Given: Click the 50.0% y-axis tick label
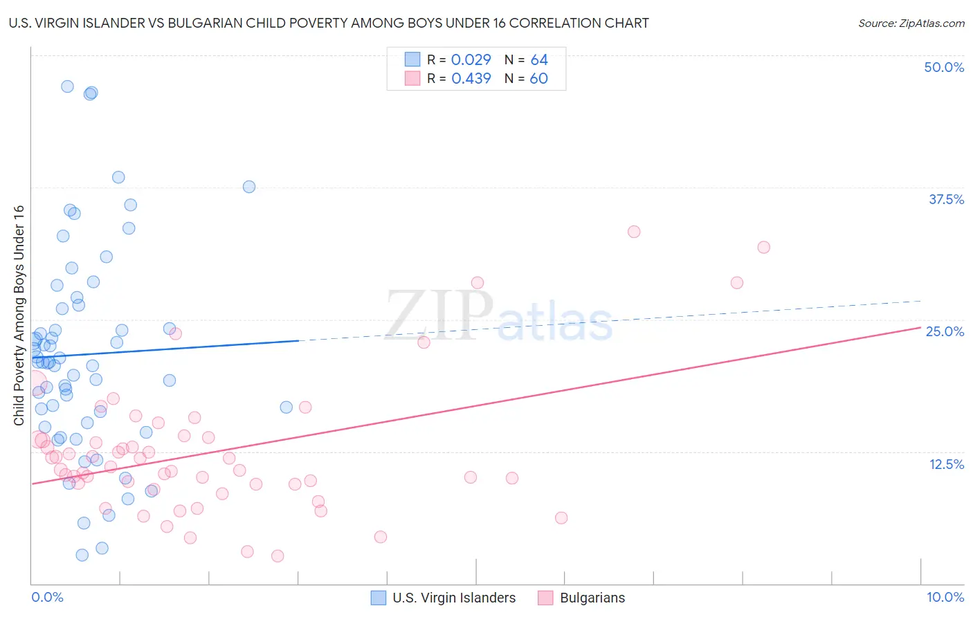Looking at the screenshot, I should [x=944, y=67].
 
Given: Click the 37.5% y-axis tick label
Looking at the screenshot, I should [x=946, y=199].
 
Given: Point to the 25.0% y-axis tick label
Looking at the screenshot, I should [x=945, y=331].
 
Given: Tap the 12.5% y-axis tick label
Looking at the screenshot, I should [x=946, y=464].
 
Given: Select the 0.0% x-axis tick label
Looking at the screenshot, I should [x=47, y=597].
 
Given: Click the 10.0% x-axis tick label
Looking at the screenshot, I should [x=945, y=597].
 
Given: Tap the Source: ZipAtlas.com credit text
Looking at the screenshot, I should [x=911, y=23].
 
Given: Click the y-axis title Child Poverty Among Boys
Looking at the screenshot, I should [x=19, y=315].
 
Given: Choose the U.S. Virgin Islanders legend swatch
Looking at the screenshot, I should [x=379, y=598].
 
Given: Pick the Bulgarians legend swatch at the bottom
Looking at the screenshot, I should [x=545, y=598].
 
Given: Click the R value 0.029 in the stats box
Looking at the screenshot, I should [x=471, y=59].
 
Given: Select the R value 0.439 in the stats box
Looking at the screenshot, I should [x=471, y=79].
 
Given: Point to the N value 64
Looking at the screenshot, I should [x=539, y=59].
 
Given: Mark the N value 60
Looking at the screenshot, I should [x=538, y=79].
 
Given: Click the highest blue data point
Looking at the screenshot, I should [x=67, y=86].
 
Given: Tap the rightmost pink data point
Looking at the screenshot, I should [x=763, y=247].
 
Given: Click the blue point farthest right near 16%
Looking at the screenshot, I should [x=286, y=407].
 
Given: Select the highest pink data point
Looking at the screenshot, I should [x=634, y=232].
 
